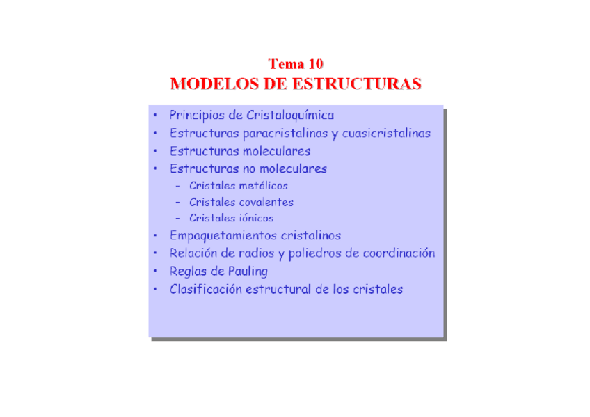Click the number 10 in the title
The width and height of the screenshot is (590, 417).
(313, 65)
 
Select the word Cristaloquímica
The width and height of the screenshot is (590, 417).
(290, 116)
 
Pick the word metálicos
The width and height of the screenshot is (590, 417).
(263, 186)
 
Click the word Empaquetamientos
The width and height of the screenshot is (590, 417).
(223, 236)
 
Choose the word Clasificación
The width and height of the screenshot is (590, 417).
(206, 290)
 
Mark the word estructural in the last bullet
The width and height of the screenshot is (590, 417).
(278, 290)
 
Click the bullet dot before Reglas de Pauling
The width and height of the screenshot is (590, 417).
(156, 272)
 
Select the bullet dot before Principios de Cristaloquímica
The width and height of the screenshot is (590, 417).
(156, 116)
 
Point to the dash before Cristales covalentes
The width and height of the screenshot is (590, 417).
(178, 203)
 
